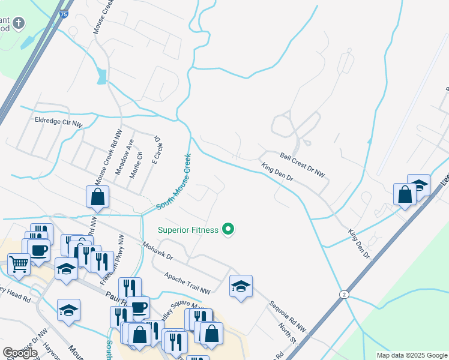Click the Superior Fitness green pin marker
pos(228,229)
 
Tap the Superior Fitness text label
pos(187,229)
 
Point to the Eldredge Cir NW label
pos(58,121)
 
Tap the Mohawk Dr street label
pos(157,251)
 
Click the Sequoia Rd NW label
pos(287,316)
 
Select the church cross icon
pos(19,23)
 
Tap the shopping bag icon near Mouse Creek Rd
pos(97,197)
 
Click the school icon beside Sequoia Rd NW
pos(241,286)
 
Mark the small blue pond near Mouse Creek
pos(101,76)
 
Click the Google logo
pos(20,353)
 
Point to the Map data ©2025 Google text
pos(411,355)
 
